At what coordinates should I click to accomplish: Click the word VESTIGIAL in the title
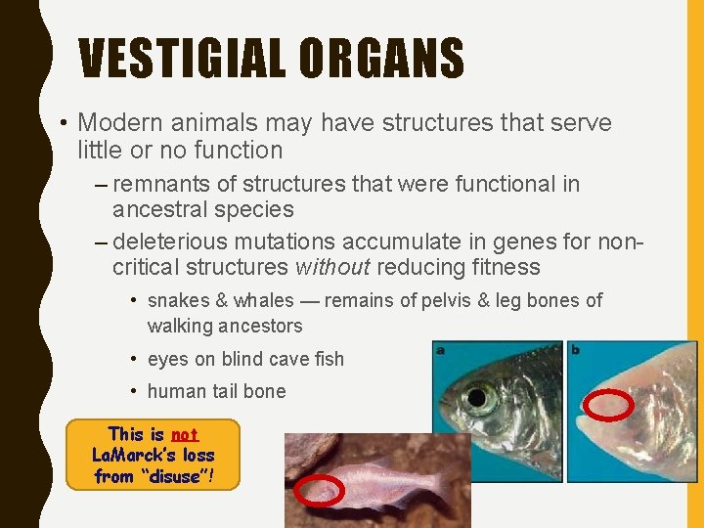tap(183, 59)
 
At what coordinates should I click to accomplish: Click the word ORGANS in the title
tap(381, 59)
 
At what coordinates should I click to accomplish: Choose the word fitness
tap(506, 267)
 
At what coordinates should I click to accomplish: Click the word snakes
tap(177, 300)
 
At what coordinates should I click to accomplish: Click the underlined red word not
tap(184, 434)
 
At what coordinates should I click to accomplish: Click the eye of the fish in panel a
tap(478, 399)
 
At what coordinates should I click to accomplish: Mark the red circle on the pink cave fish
tap(320, 493)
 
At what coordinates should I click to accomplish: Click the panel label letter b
tap(575, 349)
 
